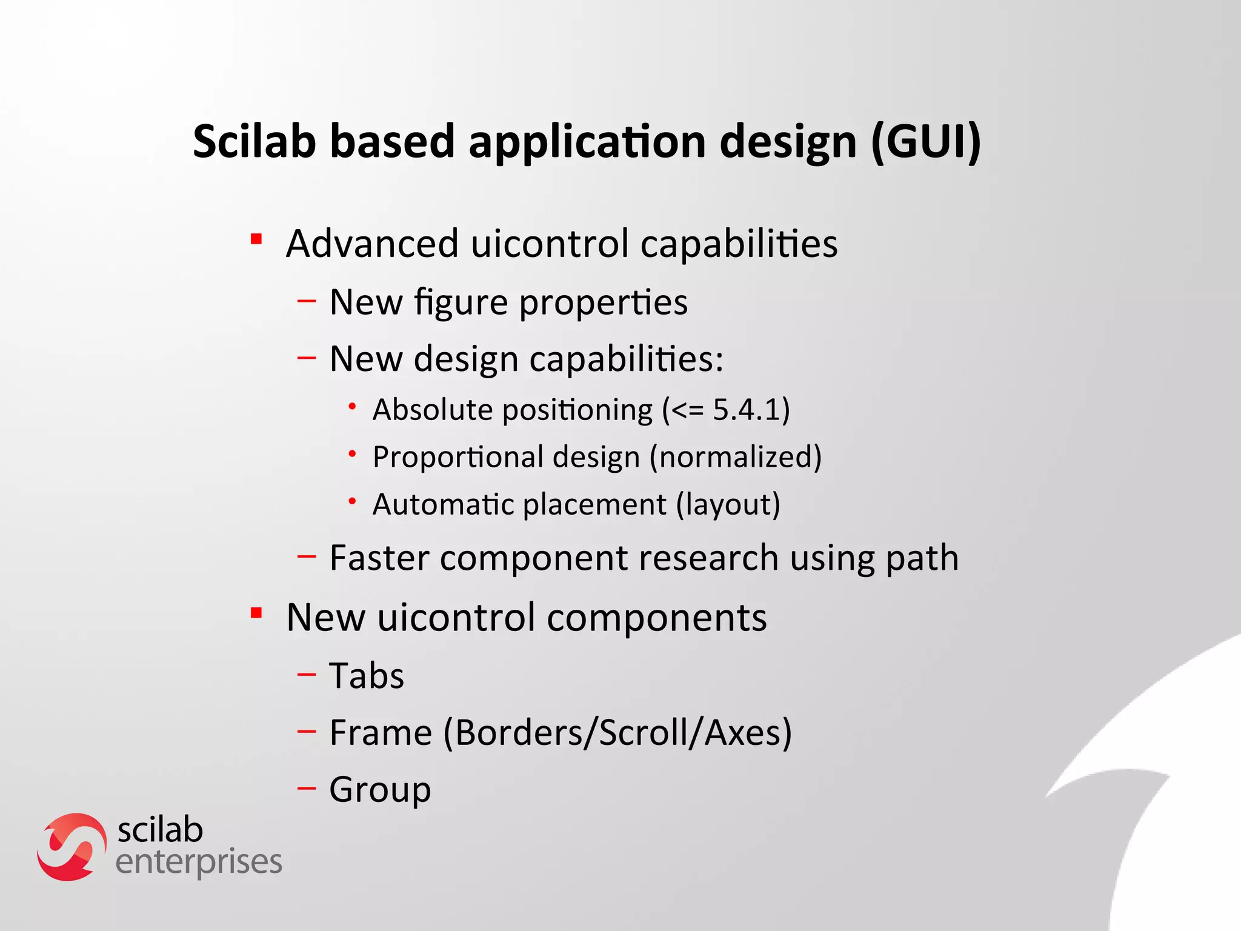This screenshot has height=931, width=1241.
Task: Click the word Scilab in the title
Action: [x=255, y=141]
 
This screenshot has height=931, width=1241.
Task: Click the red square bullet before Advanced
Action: [x=256, y=239]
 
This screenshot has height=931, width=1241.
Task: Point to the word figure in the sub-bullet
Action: [x=461, y=303]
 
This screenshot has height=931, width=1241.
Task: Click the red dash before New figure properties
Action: [x=307, y=300]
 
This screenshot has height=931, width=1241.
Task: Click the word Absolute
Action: [x=433, y=410]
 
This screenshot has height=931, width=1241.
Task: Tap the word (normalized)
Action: [x=736, y=457]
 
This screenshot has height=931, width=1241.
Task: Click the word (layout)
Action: [x=728, y=504]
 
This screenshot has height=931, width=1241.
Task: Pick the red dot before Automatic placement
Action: [x=352, y=501]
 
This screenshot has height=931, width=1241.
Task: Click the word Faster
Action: [x=379, y=558]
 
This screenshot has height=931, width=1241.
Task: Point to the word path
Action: [x=922, y=559]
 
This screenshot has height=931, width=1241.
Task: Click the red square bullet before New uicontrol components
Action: [x=256, y=613]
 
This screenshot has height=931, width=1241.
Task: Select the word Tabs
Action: [x=367, y=676]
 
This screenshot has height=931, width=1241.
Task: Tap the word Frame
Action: [x=381, y=733]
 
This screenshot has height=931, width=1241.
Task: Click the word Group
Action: [x=380, y=790]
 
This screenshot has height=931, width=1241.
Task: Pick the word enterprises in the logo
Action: [x=199, y=863]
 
